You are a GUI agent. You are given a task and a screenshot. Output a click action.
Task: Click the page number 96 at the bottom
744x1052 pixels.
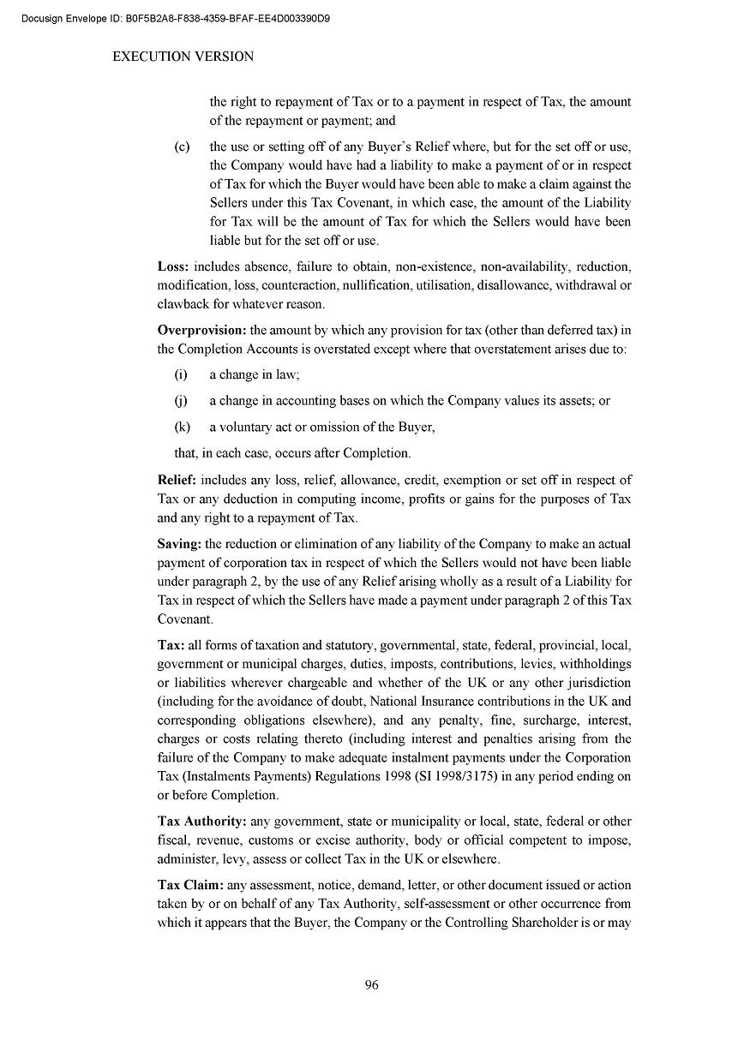coord(371,984)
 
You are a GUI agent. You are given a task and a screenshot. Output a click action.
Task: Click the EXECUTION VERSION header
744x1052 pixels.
coord(183,57)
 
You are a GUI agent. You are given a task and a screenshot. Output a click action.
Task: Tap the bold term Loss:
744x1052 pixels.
coord(173,266)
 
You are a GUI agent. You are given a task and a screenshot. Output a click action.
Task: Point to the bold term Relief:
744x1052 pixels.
coord(177,480)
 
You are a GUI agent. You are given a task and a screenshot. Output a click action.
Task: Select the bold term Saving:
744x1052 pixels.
coord(179,544)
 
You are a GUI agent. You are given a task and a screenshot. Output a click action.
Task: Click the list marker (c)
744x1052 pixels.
coord(182,146)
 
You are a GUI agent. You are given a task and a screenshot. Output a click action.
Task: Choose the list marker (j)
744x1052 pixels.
coord(181,401)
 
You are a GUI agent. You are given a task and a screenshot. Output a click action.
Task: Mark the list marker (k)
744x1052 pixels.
coord(182,427)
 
